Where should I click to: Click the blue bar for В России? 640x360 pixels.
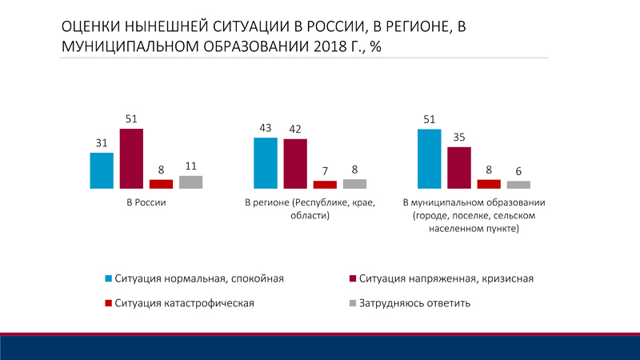pyautogui.click(x=102, y=170)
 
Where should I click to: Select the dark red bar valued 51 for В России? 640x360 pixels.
pyautogui.click(x=131, y=158)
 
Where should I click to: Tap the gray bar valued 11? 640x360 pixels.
pyautogui.click(x=190, y=182)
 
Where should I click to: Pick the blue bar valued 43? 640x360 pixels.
pyautogui.click(x=266, y=162)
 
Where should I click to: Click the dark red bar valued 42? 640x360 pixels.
pyautogui.click(x=295, y=163)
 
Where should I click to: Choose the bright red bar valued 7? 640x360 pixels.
pyautogui.click(x=325, y=184)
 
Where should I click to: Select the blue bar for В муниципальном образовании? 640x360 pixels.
pyautogui.click(x=430, y=158)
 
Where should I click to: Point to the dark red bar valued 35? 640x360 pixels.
pyautogui.click(x=459, y=167)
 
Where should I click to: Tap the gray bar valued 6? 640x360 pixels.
pyautogui.click(x=518, y=184)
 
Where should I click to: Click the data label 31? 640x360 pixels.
pyautogui.click(x=102, y=143)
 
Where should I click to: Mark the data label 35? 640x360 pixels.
pyautogui.click(x=459, y=138)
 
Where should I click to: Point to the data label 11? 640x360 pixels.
pyautogui.click(x=190, y=166)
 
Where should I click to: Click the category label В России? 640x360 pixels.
pyautogui.click(x=146, y=202)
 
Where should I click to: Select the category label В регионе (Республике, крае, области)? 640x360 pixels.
pyautogui.click(x=310, y=209)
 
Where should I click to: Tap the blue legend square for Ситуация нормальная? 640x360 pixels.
pyautogui.click(x=109, y=279)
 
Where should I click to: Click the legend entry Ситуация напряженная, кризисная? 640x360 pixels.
pyautogui.click(x=446, y=279)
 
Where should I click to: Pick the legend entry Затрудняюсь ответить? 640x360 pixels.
pyautogui.click(x=414, y=303)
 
